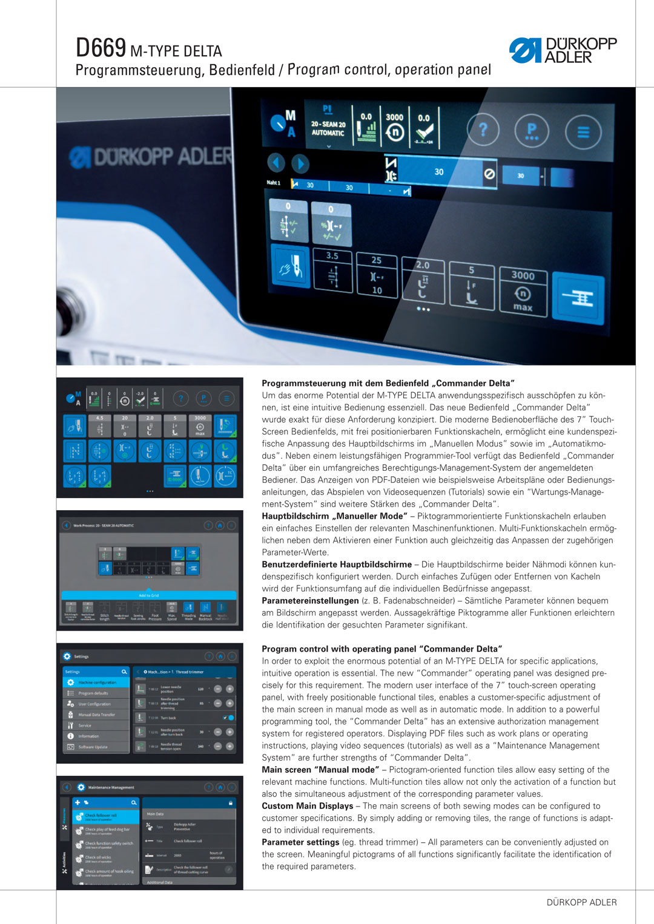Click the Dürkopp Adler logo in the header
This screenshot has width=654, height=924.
click(x=563, y=51)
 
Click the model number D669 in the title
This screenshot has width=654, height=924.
click(x=101, y=48)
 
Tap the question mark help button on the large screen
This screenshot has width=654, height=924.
click(x=483, y=129)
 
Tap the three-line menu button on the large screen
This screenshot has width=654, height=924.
click(x=583, y=132)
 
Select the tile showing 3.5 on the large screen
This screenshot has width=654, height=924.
click(x=332, y=270)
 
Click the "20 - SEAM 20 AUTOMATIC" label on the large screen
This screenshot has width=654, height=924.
click(x=328, y=128)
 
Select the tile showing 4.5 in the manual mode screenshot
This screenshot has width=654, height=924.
click(x=100, y=426)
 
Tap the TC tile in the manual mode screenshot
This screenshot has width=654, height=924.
click(x=225, y=476)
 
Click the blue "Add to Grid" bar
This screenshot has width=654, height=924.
click(x=149, y=595)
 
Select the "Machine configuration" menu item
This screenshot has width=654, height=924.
click(x=97, y=683)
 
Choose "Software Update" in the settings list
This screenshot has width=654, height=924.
click(x=93, y=747)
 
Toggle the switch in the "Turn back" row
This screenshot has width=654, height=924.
click(x=229, y=718)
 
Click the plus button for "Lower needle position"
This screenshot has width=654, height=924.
click(x=230, y=689)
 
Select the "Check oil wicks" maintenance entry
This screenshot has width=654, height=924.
click(x=98, y=857)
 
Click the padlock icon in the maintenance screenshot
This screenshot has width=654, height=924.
click(x=231, y=803)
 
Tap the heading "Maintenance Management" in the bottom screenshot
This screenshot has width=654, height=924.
click(x=111, y=787)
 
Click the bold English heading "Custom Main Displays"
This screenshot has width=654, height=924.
click(x=307, y=806)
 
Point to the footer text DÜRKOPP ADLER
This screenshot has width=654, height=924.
click(x=581, y=902)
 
